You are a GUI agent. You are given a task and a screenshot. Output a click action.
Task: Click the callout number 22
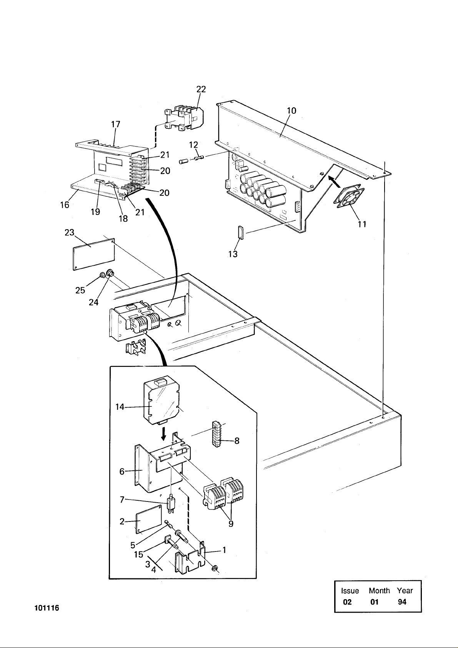pyautogui.click(x=201, y=89)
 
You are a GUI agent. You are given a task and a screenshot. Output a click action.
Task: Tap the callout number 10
pyautogui.click(x=291, y=111)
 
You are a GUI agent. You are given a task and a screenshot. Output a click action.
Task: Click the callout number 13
pyautogui.click(x=233, y=254)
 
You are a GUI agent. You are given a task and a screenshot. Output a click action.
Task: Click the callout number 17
pyautogui.click(x=116, y=124)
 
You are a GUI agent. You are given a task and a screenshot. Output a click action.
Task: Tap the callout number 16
pyautogui.click(x=65, y=205)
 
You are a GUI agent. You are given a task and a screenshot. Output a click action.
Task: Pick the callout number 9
pyautogui.click(x=231, y=524)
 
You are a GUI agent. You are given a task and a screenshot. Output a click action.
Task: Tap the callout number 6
pyautogui.click(x=122, y=471)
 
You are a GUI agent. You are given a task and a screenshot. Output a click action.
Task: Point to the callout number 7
pyautogui.click(x=122, y=500)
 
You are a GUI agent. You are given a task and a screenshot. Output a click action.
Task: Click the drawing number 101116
pyautogui.click(x=47, y=608)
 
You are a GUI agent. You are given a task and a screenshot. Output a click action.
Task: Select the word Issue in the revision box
pyautogui.click(x=350, y=591)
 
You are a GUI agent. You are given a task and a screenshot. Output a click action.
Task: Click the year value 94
pyautogui.click(x=402, y=602)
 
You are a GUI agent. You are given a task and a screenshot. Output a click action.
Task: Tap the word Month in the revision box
pyautogui.click(x=379, y=591)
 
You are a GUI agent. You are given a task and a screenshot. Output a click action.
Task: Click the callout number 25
pyautogui.click(x=80, y=290)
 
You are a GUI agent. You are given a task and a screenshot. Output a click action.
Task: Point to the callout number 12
pyautogui.click(x=193, y=145)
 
